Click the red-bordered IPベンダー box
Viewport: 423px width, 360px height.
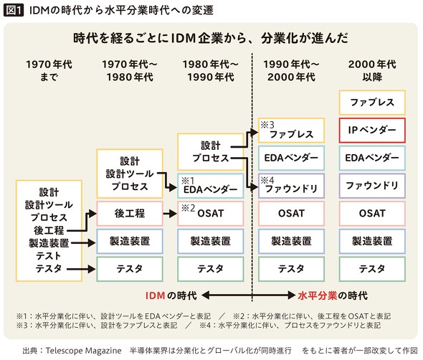click(372, 130)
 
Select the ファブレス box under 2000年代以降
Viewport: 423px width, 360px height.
click(372, 103)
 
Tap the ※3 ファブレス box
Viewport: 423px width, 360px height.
click(291, 131)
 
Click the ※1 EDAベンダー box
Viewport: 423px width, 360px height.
click(210, 186)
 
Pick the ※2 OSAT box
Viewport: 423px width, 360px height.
click(210, 213)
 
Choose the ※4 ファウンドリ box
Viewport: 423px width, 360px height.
click(291, 186)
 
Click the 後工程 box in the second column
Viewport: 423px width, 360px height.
click(130, 213)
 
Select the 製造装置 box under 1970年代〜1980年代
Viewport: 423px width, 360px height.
click(130, 241)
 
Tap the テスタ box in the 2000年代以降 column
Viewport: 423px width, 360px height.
click(372, 269)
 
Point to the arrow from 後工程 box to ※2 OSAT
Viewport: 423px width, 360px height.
click(170, 214)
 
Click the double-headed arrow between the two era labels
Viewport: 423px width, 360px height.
click(249, 295)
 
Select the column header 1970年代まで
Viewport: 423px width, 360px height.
click(49, 71)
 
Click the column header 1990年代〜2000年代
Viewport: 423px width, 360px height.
click(291, 71)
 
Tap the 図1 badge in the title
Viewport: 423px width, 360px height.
click(14, 11)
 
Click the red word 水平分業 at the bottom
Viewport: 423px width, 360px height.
click(318, 295)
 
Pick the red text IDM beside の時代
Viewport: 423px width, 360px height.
click(155, 295)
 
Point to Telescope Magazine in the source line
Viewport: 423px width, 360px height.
click(83, 351)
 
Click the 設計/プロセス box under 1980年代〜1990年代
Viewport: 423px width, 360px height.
click(210, 151)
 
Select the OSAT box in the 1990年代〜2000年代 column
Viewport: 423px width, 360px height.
click(291, 213)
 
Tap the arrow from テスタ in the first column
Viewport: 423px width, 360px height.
click(81, 269)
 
